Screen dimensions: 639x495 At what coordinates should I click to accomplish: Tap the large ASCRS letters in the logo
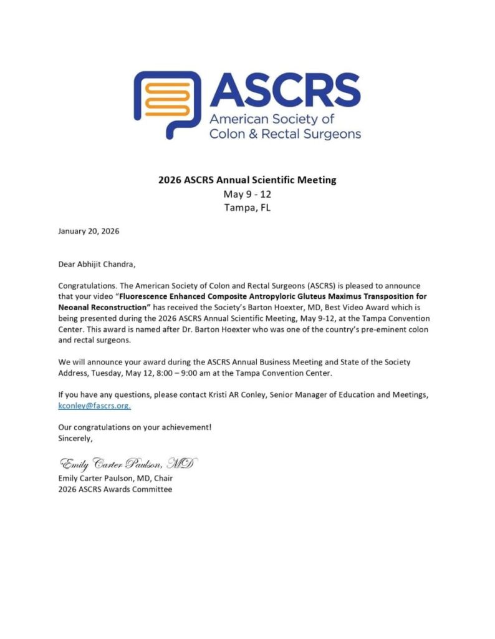click(285, 90)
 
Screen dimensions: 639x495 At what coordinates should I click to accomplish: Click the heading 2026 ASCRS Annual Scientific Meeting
click(247, 180)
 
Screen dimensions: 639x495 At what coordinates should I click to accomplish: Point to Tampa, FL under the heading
click(247, 207)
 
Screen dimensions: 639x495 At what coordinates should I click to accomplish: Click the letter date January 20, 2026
click(89, 231)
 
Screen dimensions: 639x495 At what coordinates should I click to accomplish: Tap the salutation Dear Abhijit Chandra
click(96, 264)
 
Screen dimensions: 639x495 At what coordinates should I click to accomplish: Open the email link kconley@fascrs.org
click(94, 406)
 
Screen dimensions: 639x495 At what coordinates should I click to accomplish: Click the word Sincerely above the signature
click(75, 438)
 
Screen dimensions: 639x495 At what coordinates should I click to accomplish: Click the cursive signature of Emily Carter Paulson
click(127, 464)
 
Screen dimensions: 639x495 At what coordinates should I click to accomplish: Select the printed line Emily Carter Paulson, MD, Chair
click(115, 478)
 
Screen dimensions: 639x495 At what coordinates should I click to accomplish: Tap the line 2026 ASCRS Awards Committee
click(115, 489)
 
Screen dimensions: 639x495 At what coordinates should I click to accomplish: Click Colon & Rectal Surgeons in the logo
click(285, 134)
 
